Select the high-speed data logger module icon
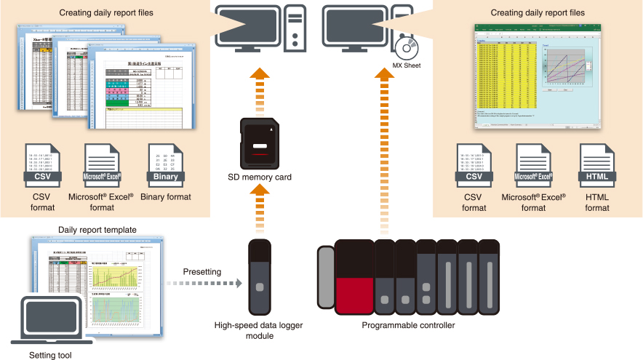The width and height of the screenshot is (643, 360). [x=259, y=276]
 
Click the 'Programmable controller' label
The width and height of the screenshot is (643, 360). [x=408, y=325]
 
